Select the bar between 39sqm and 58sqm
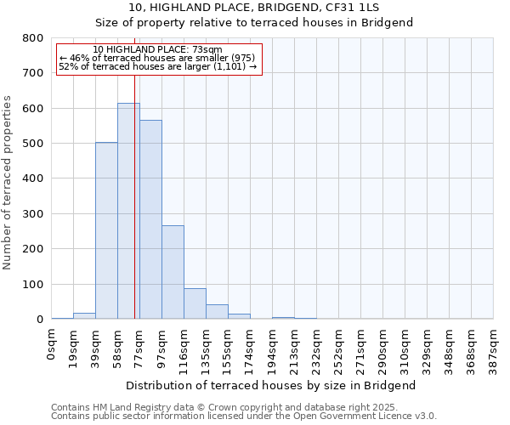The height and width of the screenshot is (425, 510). [x=106, y=230]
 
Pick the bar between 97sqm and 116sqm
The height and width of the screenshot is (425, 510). [x=173, y=272]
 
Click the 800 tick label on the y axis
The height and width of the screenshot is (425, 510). [x=32, y=38]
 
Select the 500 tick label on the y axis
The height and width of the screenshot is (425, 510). [x=32, y=144]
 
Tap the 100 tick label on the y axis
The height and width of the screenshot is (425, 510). [x=32, y=284]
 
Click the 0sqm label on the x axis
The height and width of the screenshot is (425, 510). [x=52, y=343]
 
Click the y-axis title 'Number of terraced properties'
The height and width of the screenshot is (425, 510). [x=8, y=183]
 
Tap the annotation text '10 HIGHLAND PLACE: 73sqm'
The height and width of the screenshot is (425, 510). [x=157, y=50]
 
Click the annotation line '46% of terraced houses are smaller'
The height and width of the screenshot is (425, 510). [x=157, y=58]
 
